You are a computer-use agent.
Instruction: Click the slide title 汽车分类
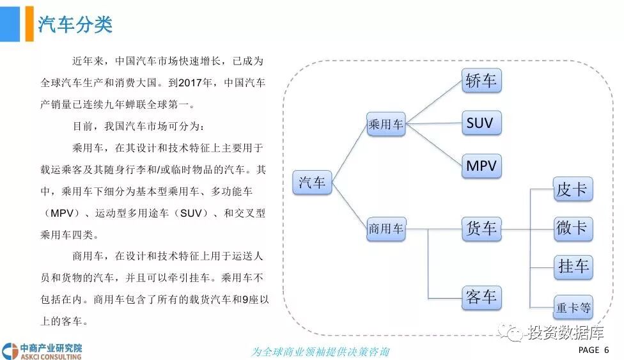tap(75, 24)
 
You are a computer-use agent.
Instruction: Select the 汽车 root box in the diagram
tap(312, 183)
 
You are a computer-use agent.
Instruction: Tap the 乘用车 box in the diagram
tap(386, 125)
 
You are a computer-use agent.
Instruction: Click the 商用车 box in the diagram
tap(386, 228)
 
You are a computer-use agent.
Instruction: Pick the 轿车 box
tap(481, 81)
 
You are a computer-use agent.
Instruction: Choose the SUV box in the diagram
tap(481, 123)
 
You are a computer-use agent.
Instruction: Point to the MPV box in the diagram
tap(481, 166)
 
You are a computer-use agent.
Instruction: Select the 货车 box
tap(481, 228)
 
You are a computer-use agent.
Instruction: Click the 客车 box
tap(481, 297)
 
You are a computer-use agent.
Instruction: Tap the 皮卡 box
tap(573, 190)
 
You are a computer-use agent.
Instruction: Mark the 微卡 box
tap(573, 228)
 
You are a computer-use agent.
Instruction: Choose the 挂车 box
tap(573, 267)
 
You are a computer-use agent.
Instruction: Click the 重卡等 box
tap(573, 308)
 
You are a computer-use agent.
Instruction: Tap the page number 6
tap(606, 350)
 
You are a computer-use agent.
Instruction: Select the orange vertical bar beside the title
tap(29, 24)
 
